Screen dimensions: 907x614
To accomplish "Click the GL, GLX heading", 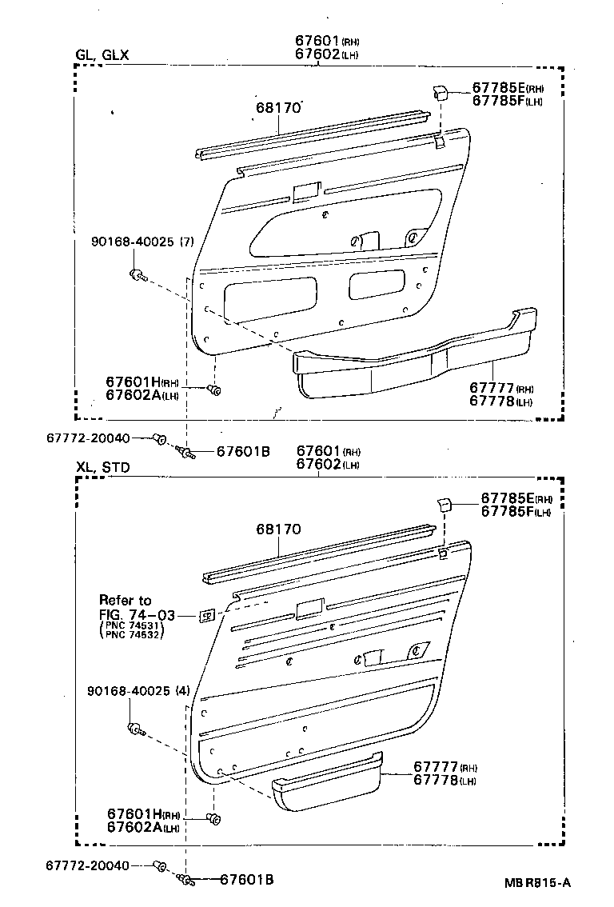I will (x=102, y=55).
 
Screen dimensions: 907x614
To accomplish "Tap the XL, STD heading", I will (x=102, y=466).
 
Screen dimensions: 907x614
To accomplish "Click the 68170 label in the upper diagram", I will (x=278, y=107).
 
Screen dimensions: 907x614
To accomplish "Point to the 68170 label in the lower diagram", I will (x=278, y=529).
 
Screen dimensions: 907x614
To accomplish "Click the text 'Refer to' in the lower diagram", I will (x=125, y=600).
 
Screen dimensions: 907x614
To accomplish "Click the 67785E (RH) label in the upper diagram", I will (x=507, y=88).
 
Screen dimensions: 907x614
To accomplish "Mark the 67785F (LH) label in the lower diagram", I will (x=516, y=512).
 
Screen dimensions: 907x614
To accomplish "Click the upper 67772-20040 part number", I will (x=87, y=438).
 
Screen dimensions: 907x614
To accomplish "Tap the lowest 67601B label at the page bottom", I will (x=247, y=880).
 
